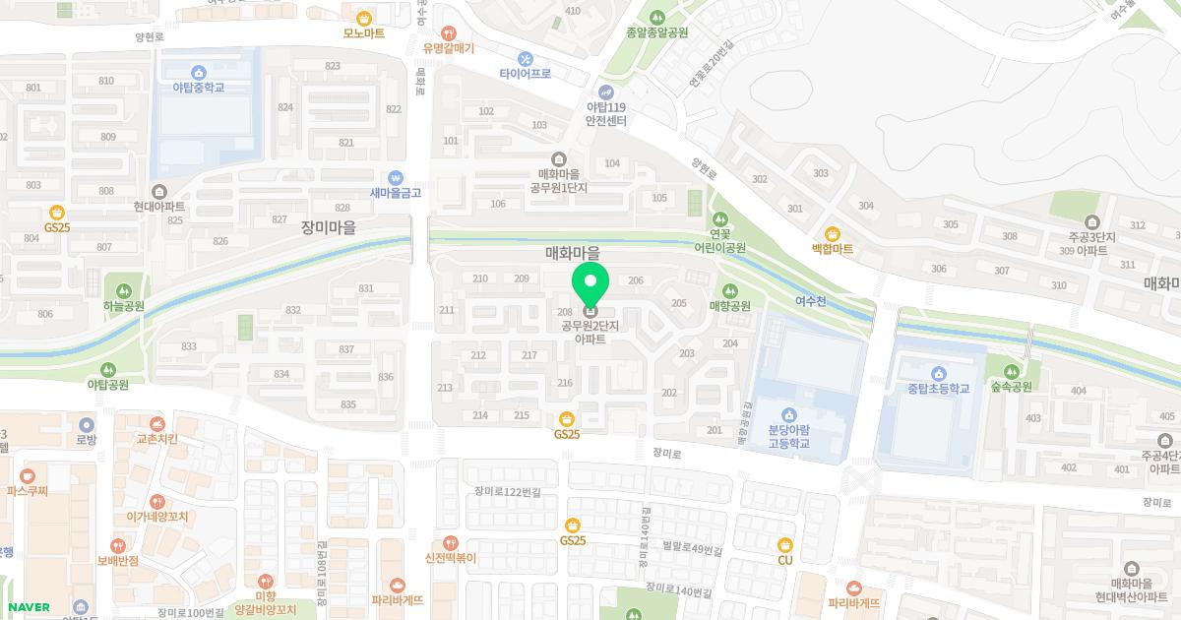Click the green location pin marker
[590, 285]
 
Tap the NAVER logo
[29, 607]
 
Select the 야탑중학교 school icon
[199, 72]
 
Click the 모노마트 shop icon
[364, 17]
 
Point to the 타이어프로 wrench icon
[525, 58]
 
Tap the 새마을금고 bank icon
[396, 177]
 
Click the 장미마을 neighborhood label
[329, 227]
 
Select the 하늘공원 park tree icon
[124, 290]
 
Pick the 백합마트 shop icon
[833, 234]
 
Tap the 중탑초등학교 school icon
[939, 374]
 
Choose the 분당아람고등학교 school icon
[788, 414]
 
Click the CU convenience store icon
[785, 544]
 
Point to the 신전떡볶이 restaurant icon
[451, 542]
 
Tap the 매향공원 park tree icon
[730, 290]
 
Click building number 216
[565, 383]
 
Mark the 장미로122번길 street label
[507, 491]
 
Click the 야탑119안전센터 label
[606, 114]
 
